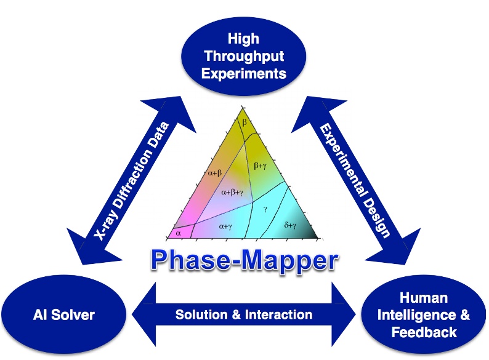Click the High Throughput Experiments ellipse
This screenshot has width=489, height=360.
[244, 56]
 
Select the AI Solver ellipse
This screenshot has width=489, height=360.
[64, 316]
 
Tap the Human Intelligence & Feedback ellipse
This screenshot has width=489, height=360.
[423, 316]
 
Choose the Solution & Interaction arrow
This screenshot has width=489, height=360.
[244, 314]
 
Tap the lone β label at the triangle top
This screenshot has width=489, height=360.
[244, 124]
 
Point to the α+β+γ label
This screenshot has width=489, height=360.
[235, 193]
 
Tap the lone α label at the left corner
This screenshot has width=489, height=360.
[176, 233]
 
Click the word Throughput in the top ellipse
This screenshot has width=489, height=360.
[244, 57]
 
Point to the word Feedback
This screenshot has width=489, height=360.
[424, 332]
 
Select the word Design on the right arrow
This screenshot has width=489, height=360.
[375, 206]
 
